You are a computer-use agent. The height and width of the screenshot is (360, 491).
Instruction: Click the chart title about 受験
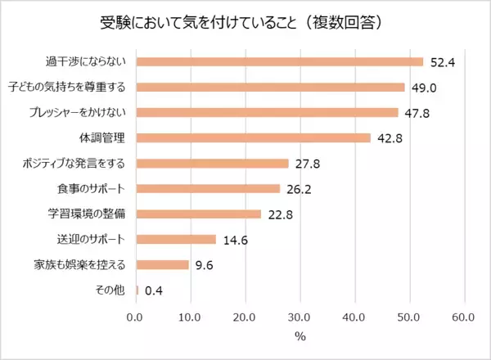pos(245,21)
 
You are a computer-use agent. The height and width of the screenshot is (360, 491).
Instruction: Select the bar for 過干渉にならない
pos(279,61)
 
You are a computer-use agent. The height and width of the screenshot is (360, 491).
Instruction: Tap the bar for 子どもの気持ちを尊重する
pos(270,87)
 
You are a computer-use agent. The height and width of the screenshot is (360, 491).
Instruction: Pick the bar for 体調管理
pos(253,137)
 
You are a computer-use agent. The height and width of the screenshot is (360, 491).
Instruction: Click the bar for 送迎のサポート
pos(175,240)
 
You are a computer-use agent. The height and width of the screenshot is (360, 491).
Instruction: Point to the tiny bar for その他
pos(137,290)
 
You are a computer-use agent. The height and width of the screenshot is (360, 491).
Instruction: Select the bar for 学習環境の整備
pos(198,214)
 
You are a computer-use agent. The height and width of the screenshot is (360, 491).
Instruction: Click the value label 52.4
pos(440,61)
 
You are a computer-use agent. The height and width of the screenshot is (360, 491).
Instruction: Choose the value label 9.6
pos(203,265)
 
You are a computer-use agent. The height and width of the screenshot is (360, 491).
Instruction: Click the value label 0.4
pos(153,290)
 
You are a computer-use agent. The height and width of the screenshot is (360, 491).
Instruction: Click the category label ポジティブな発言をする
pos(74,163)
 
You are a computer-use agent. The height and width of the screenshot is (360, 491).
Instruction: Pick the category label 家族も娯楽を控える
pos(80,265)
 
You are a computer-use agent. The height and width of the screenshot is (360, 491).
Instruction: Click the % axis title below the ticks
pos(300,336)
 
